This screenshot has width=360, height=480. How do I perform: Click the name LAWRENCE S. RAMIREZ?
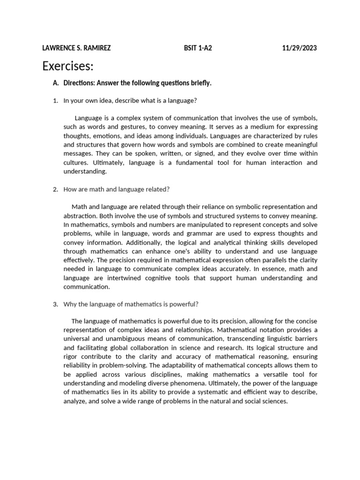(76, 48)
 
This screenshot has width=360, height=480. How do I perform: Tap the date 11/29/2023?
(300, 48)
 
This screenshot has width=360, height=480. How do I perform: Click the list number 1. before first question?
(55, 100)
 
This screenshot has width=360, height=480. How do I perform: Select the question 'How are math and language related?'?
(116, 189)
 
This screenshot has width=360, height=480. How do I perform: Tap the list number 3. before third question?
(55, 304)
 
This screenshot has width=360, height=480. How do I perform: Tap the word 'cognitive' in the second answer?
(158, 278)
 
